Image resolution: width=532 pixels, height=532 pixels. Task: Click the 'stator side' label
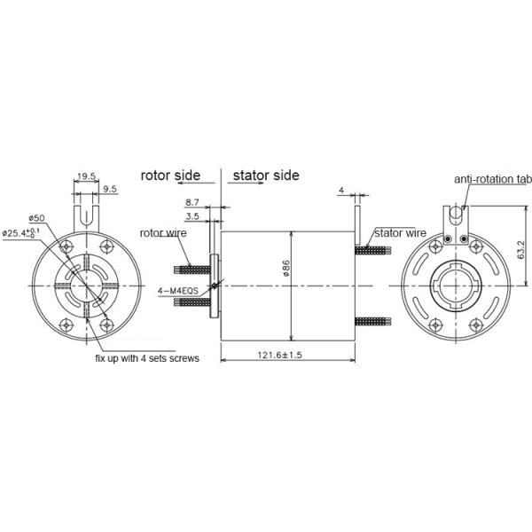pyautogui.click(x=266, y=175)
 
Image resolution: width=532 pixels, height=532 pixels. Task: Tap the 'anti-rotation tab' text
pyautogui.click(x=492, y=179)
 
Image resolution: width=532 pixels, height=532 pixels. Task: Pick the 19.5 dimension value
pyautogui.click(x=87, y=176)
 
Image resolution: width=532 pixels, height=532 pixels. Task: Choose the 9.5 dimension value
pyautogui.click(x=109, y=190)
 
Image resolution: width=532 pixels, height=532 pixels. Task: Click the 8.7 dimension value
pyautogui.click(x=192, y=203)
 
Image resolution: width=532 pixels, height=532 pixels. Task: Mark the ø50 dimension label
pyautogui.click(x=36, y=218)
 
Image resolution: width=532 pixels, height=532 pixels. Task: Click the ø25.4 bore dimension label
pyautogui.click(x=25, y=233)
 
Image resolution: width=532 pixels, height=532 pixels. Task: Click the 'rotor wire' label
pyautogui.click(x=162, y=233)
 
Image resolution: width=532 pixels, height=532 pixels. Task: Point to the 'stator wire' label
pyautogui.click(x=400, y=233)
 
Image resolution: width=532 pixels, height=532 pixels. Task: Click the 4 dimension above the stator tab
pyautogui.click(x=340, y=191)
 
